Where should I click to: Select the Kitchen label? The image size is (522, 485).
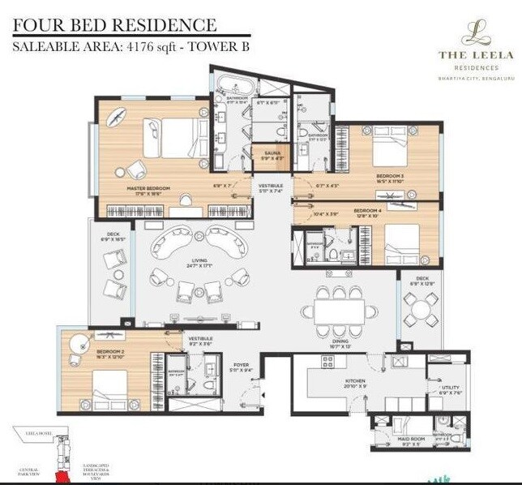[354, 380]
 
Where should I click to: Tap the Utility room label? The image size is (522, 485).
[450, 388]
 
